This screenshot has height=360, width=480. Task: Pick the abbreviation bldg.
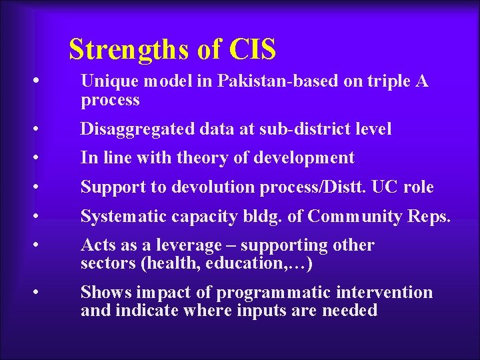(x=267, y=217)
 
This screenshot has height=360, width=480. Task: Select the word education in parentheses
(x=245, y=263)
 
